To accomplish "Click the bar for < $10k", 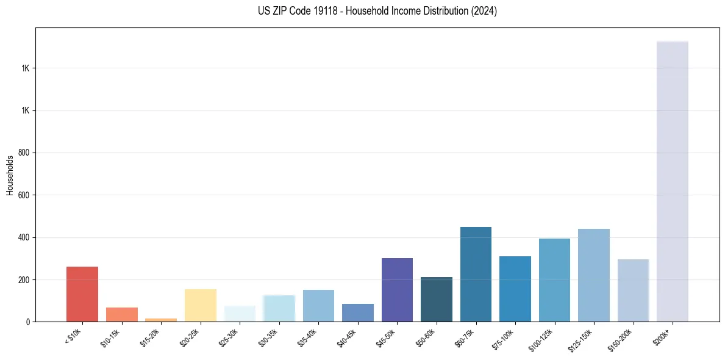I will [82, 294].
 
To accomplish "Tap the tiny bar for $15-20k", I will [161, 319].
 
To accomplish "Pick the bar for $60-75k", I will [476, 274].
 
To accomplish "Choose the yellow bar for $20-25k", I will [201, 305].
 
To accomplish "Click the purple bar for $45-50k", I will [397, 290].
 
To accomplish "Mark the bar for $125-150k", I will [594, 275].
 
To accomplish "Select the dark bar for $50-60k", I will [437, 299].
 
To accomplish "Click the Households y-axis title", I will [10, 175].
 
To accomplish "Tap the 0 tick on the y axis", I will [28, 322].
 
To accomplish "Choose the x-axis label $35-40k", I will [308, 337].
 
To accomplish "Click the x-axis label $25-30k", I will [229, 337].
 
